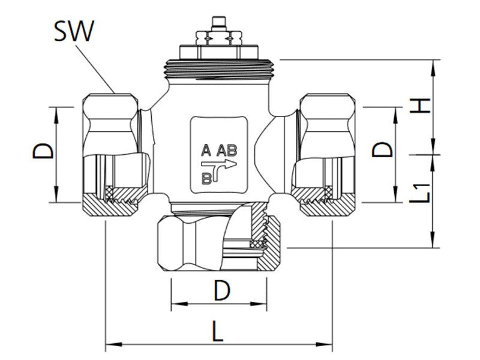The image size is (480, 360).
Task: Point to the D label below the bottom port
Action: (222, 292)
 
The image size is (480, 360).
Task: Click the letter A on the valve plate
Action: (206, 149)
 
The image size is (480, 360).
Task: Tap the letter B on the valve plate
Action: (206, 177)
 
